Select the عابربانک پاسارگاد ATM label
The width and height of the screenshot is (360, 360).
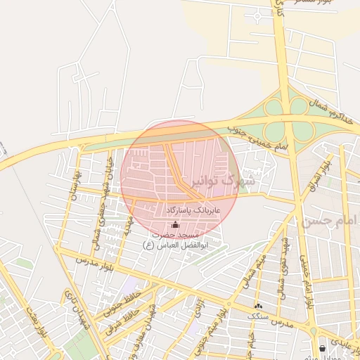click(193, 210)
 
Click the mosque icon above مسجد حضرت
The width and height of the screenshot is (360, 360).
click(175, 224)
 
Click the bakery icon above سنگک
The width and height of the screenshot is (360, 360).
click(258, 306)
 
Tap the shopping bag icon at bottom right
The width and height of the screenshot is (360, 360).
click(322, 348)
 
